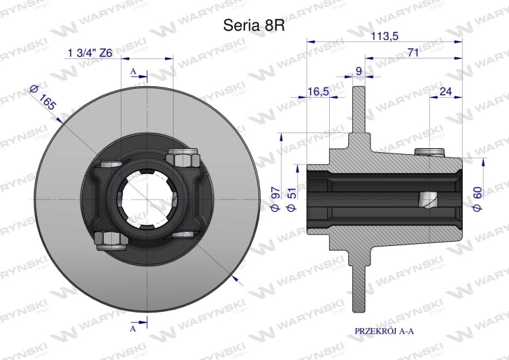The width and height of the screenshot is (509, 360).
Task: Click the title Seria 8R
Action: tap(254, 25)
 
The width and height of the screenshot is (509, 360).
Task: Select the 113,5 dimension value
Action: tap(385, 36)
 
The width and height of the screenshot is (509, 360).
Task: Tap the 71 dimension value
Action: tap(413, 52)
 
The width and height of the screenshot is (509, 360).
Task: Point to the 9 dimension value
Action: tap(359, 71)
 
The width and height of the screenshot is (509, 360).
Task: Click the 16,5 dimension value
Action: tap(318, 92)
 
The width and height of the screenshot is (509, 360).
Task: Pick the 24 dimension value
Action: tap(445, 91)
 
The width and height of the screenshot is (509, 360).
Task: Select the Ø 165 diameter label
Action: tap(43, 97)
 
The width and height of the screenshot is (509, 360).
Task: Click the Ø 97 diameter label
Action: tap(276, 199)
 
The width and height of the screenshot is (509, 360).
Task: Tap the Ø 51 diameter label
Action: tap(292, 199)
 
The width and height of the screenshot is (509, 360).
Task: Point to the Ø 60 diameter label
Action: tap(478, 199)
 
